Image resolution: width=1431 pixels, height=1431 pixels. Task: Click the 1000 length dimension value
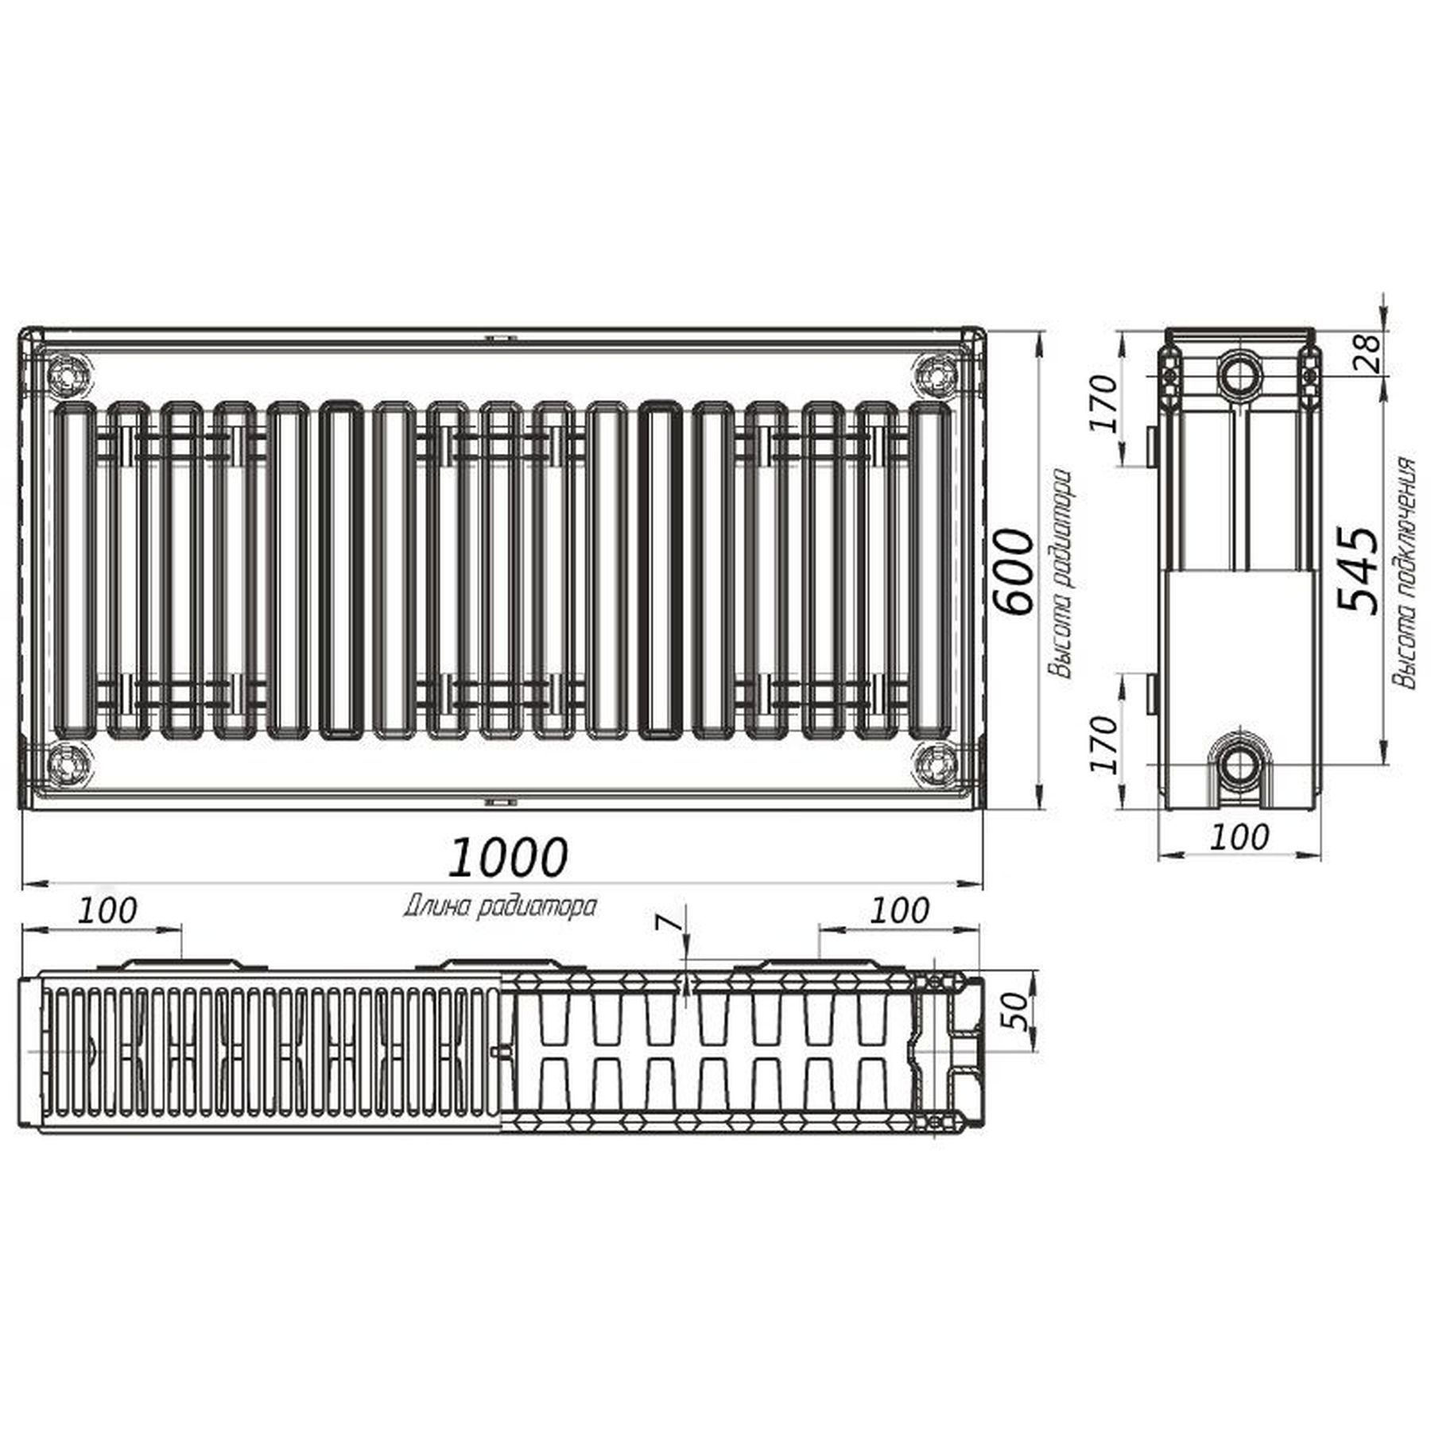508,857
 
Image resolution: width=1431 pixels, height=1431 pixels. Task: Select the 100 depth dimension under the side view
1239,836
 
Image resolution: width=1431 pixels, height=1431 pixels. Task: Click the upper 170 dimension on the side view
1104,404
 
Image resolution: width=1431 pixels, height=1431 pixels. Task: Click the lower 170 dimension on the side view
1104,744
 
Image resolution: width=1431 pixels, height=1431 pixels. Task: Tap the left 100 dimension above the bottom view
107,911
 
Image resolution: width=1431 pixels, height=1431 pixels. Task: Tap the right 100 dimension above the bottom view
899,911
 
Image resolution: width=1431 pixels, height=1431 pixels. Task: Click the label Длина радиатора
500,907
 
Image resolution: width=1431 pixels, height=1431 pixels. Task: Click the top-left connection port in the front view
68,374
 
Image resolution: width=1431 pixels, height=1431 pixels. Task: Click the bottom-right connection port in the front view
936,765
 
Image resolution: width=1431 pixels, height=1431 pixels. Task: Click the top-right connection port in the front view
936,374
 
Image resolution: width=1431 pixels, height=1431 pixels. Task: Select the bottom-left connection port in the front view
68,765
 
